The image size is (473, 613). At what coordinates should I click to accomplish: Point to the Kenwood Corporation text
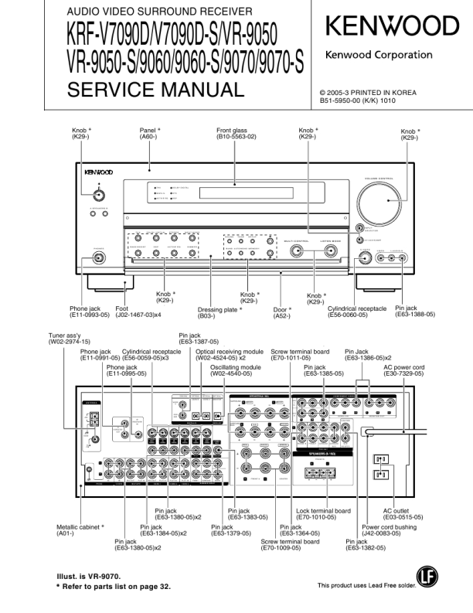pos(379,55)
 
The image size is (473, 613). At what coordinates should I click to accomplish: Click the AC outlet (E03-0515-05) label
pos(403,514)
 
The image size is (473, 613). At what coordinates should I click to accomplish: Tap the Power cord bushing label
pos(392,531)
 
